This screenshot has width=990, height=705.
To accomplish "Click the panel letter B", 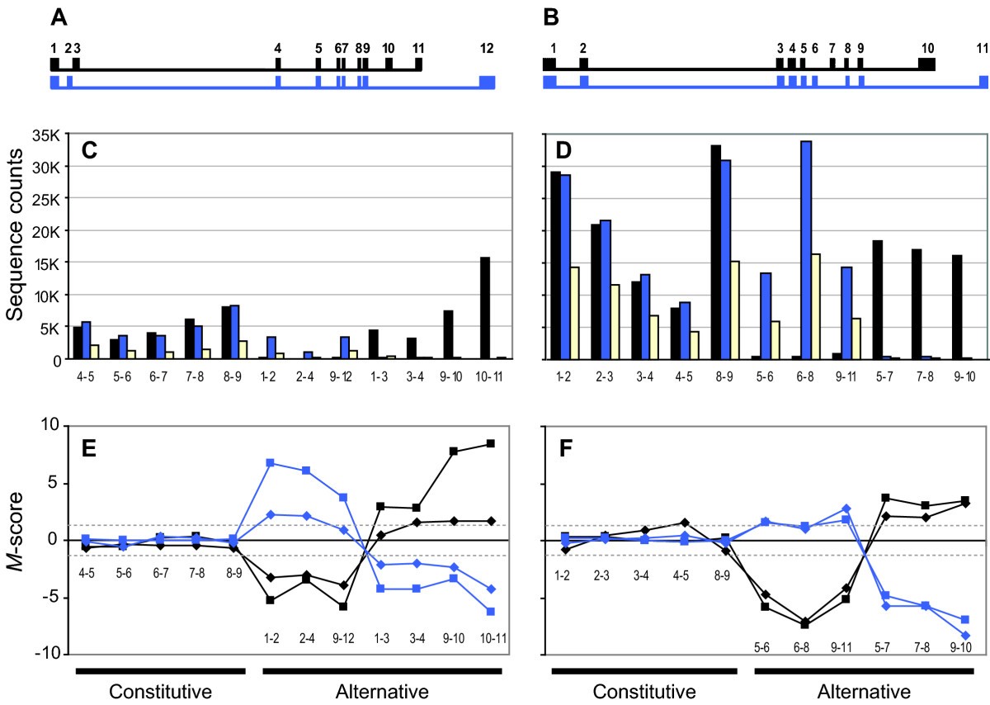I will point(550,17).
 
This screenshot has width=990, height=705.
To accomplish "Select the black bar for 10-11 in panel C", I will point(485,309).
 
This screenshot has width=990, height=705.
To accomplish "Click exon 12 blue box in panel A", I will point(487,81).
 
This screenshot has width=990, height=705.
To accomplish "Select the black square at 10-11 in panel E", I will point(492,443).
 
